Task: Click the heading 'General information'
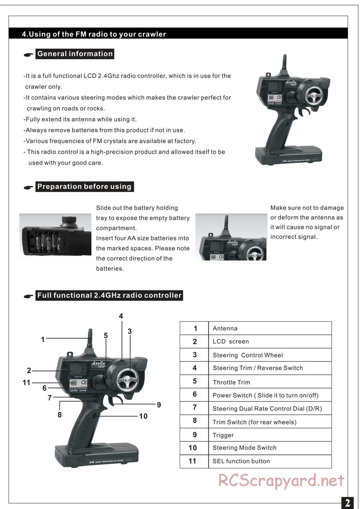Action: tap(75, 54)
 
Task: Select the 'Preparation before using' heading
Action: tap(85, 187)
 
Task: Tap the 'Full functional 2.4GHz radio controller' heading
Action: tap(109, 296)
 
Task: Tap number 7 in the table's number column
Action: tap(194, 407)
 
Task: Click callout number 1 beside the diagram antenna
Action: tap(43, 339)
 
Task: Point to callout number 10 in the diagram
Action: tap(143, 416)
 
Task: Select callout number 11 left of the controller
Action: tap(27, 383)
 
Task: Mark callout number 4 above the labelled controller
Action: tap(121, 316)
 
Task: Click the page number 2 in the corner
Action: tap(347, 503)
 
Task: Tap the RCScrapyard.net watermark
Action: tap(281, 481)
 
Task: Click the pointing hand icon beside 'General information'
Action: tap(28, 55)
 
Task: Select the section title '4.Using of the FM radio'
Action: tap(94, 34)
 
